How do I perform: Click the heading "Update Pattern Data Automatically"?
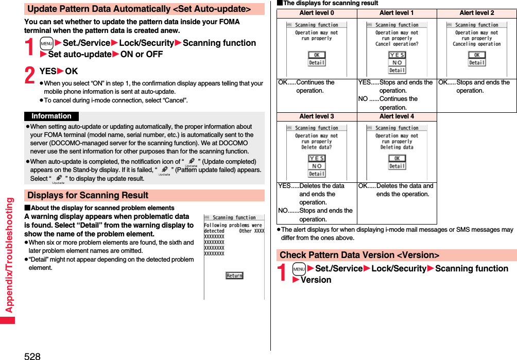coord(139,9)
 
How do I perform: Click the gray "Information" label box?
coord(51,116)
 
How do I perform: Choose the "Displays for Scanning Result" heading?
coord(88,196)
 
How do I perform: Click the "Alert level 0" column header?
coord(317,13)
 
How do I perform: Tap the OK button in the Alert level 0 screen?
coord(317,55)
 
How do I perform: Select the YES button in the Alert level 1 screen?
coord(397,55)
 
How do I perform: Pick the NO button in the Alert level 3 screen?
coord(317,166)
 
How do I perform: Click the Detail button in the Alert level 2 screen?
coord(476,63)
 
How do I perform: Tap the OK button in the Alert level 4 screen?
coord(397,159)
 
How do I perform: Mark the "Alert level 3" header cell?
coord(317,116)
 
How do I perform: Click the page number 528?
coord(32,355)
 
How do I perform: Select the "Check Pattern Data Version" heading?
coord(359,255)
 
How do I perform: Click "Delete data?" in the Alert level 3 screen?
coord(317,147)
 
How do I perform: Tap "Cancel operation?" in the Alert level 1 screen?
coord(397,44)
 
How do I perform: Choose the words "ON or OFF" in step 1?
coord(142,55)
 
